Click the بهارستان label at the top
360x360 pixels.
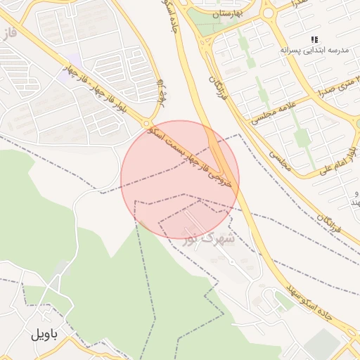226,13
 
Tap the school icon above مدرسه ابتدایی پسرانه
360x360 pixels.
315,39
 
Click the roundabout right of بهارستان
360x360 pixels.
268,12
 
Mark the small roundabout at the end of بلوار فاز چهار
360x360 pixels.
148,123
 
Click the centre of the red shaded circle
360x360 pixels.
180,179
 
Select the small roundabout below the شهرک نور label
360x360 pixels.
232,262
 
